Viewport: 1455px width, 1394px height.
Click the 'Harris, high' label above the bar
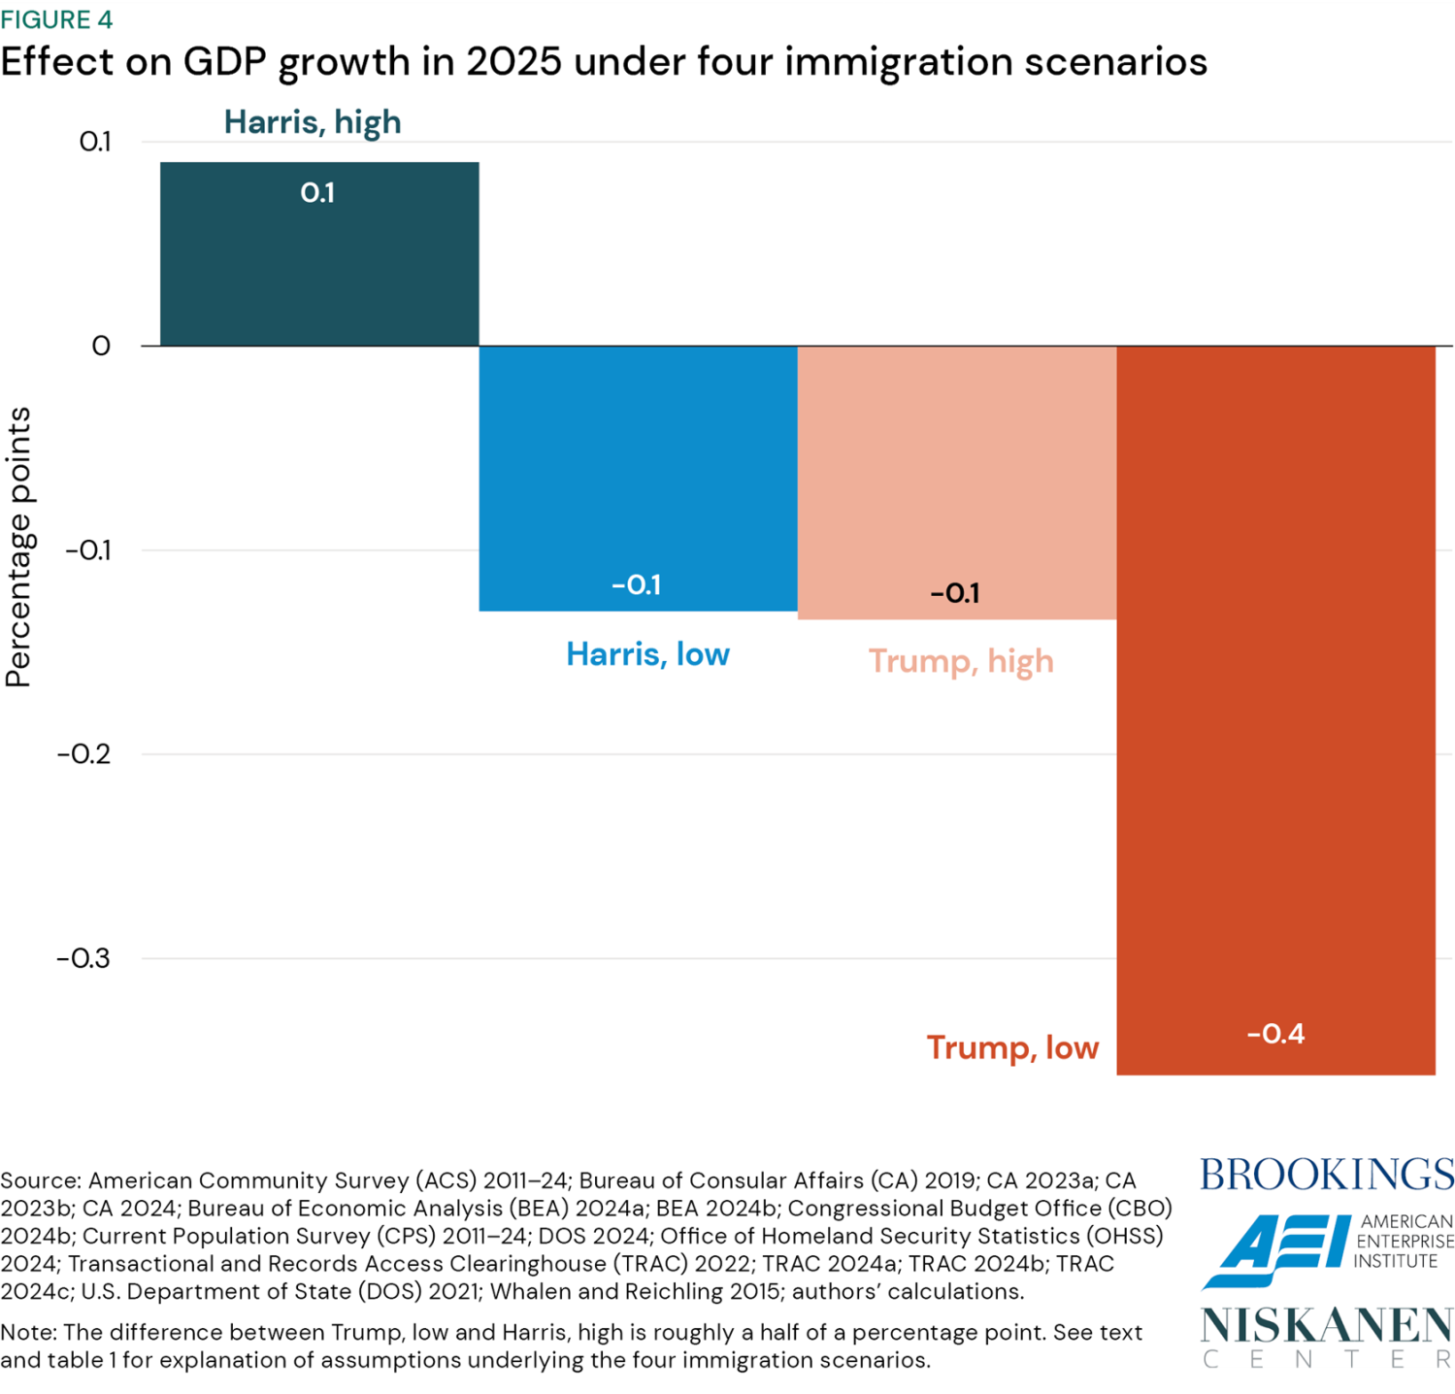pos(313,122)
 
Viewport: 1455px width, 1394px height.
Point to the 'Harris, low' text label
pos(647,654)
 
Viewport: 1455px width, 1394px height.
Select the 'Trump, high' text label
pos(961,661)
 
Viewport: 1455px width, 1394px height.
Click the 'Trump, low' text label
pos(1012,1048)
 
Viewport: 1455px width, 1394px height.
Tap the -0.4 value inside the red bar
pos(1275,1034)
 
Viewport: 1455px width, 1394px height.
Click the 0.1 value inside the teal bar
pos(317,193)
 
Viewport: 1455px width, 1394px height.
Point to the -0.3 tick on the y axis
pos(83,959)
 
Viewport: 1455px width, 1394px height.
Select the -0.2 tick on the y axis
pos(83,754)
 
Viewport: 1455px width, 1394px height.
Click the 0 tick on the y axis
pos(101,347)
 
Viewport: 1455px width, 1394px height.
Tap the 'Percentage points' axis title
pos(19,547)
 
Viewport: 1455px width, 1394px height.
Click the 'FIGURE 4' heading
pos(56,19)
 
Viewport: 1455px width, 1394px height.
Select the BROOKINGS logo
pos(1327,1175)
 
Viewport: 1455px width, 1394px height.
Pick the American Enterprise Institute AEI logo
pos(1326,1250)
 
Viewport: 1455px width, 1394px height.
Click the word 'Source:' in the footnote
pos(40,1181)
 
